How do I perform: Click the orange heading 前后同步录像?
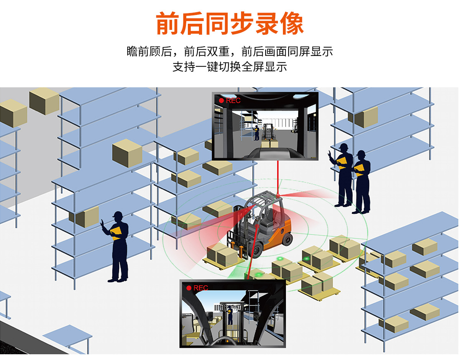[x=230, y=24]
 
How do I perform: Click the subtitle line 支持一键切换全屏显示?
[x=230, y=67]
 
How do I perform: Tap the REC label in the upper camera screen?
[x=233, y=101]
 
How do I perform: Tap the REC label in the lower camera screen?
[x=201, y=288]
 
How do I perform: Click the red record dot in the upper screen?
[x=221, y=101]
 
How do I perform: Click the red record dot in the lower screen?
[x=189, y=288]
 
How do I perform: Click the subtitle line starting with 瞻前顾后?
[x=230, y=51]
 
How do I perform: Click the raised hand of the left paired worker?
[x=330, y=155]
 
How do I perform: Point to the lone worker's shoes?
[x=117, y=280]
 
